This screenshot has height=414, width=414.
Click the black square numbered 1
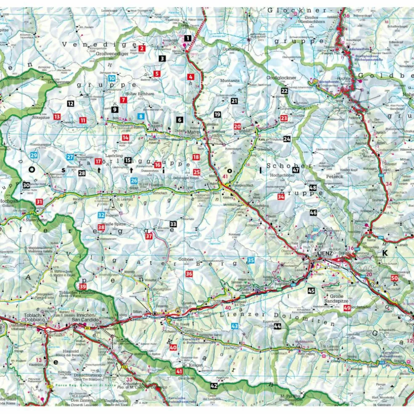tap(188, 38)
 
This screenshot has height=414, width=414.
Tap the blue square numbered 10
tap(111, 78)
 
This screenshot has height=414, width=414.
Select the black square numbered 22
tap(284, 90)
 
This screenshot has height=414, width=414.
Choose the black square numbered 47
tap(296, 170)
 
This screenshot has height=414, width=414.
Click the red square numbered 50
tap(394, 278)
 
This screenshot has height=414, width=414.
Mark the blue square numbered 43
tap(234, 326)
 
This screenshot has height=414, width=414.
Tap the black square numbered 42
tap(214, 385)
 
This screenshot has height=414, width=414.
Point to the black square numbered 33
tap(173, 223)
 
